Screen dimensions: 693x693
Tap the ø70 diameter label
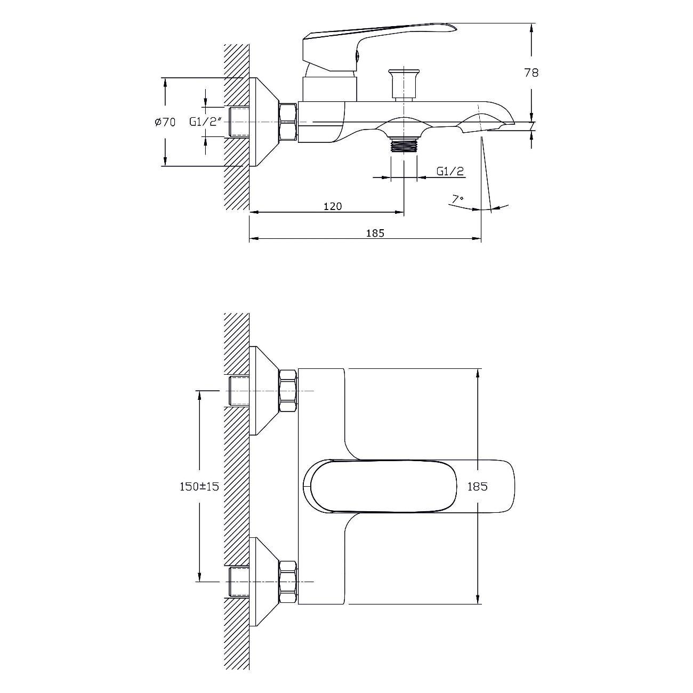point(165,122)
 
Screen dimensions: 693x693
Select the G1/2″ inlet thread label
point(204,122)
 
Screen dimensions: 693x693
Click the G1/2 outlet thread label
point(449,171)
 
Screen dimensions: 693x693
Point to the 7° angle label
point(458,199)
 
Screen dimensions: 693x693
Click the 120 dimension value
point(333,206)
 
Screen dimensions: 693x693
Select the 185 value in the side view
point(375,233)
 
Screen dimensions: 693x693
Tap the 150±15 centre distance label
point(199,487)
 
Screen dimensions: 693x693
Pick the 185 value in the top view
point(478,487)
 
